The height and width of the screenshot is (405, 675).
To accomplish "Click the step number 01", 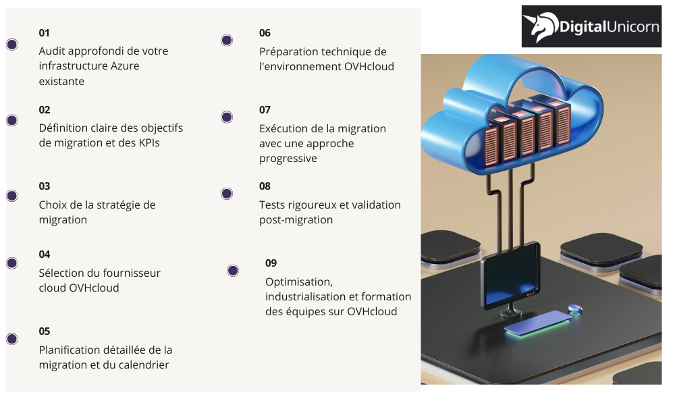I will point(45,32).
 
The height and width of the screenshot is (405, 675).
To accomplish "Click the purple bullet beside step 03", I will point(11,196).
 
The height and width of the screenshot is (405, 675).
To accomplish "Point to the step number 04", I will point(45,254).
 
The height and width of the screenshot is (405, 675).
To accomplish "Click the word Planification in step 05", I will point(69,350).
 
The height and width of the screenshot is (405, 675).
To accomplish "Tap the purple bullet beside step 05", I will point(11,339).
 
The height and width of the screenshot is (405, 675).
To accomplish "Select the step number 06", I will point(265,32).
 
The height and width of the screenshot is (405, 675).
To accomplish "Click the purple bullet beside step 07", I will point(227,117).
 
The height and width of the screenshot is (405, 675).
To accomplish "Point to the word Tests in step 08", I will point(273,205).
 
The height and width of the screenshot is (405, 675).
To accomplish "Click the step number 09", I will point(271,263).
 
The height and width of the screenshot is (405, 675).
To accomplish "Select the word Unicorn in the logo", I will point(628,27).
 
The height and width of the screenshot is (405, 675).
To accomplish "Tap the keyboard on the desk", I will point(537,323).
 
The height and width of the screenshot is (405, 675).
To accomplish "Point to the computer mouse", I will point(574,308).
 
